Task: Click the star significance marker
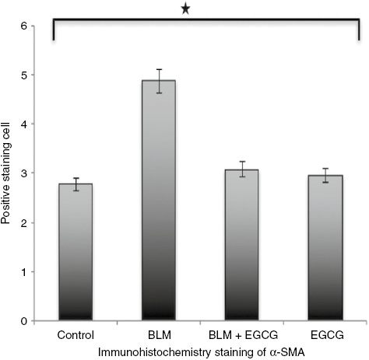pyautogui.click(x=184, y=9)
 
